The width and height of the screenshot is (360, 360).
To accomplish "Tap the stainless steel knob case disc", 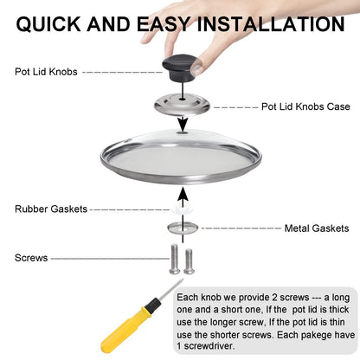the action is point(182,106).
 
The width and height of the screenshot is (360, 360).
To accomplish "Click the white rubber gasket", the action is point(182,209).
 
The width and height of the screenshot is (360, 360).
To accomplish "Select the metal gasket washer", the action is point(183,228).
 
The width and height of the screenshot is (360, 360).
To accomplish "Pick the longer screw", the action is point(174,259).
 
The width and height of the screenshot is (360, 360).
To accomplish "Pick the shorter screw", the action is point(190,261).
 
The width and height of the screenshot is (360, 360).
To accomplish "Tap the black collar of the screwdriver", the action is point(153,305).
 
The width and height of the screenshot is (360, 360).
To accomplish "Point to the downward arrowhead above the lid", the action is point(183,125).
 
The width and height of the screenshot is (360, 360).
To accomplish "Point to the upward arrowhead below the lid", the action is point(183,194).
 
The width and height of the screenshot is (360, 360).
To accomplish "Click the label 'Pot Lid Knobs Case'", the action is point(305,106).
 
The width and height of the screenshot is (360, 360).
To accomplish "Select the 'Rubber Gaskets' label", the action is point(51,209).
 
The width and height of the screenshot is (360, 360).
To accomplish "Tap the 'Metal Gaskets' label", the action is point(317,228).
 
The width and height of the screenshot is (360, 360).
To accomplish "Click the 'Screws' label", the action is point(31,258).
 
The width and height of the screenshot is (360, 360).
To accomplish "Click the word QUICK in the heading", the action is point(48,24).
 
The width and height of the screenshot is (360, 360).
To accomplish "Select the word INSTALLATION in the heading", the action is point(271,23).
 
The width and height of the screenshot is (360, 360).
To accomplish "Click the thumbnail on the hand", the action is point(197,69).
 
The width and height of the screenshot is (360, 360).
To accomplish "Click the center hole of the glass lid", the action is point(182,132).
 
